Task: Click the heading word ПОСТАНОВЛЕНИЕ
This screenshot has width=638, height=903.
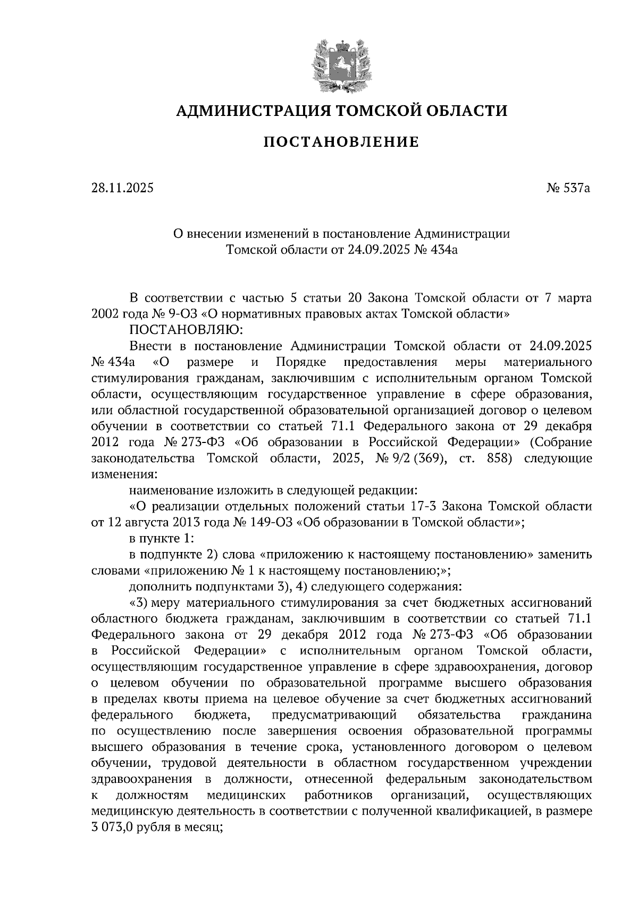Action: pos(341,142)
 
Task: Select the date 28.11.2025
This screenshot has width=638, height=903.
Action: pos(122,188)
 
